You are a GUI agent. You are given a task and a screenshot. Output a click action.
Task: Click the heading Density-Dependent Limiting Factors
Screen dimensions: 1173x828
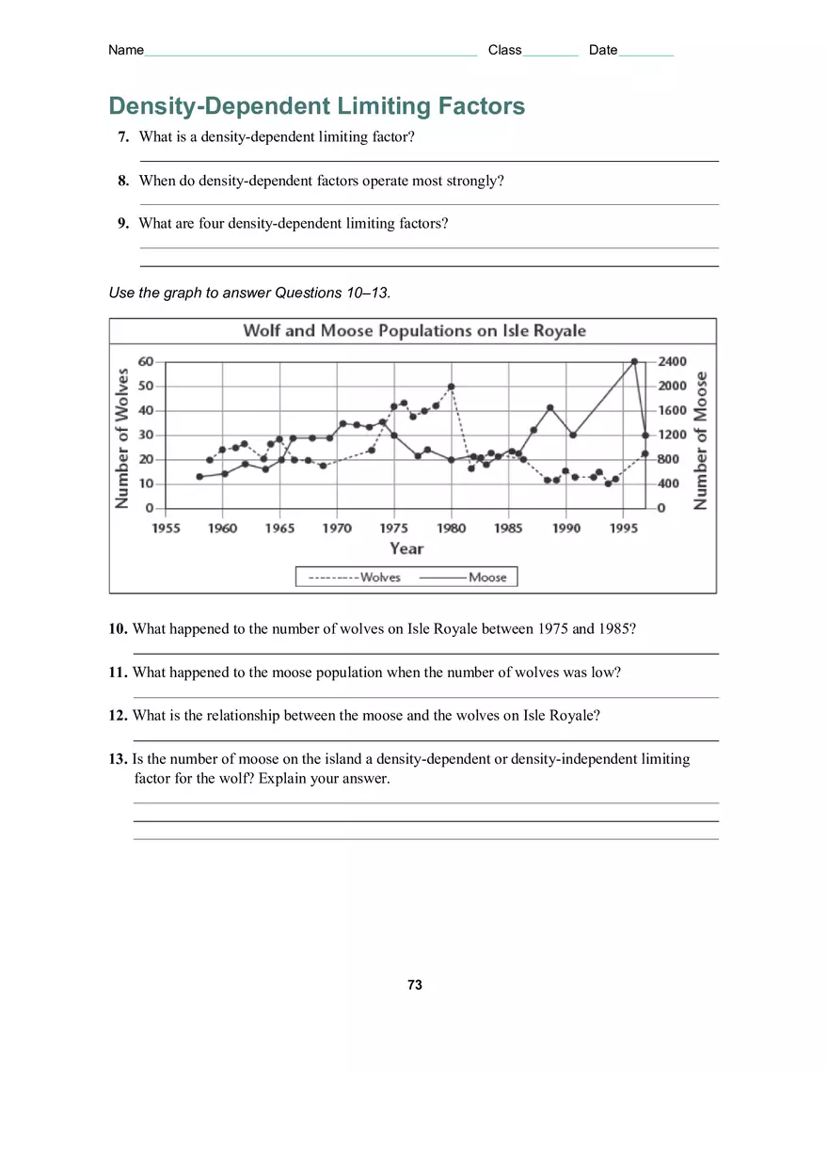click(x=317, y=106)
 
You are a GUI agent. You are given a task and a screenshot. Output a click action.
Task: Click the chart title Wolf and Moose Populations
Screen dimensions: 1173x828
click(x=414, y=331)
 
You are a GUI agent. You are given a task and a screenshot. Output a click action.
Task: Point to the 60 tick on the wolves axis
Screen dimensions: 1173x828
click(x=146, y=361)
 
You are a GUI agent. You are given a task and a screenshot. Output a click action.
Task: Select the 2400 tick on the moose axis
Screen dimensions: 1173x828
click(x=672, y=361)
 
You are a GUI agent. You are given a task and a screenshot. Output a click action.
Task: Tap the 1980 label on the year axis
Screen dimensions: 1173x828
click(x=452, y=528)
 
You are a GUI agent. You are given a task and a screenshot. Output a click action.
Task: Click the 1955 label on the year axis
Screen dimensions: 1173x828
click(x=166, y=528)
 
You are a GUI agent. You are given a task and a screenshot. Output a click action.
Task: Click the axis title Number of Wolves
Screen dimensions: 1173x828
click(x=121, y=439)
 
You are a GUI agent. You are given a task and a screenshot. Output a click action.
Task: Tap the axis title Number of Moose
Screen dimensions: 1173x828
click(x=700, y=439)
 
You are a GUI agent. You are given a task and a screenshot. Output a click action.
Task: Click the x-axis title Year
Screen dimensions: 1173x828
click(x=406, y=548)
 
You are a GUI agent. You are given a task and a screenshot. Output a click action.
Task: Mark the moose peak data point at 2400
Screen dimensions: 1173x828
click(x=634, y=361)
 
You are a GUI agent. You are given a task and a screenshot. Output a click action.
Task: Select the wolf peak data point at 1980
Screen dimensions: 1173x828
click(x=452, y=387)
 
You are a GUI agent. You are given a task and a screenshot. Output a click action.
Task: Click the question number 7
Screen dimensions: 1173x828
click(x=123, y=137)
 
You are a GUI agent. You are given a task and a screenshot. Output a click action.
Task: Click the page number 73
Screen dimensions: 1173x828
click(x=414, y=985)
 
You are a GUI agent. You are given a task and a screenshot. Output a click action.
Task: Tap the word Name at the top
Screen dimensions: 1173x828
click(x=126, y=50)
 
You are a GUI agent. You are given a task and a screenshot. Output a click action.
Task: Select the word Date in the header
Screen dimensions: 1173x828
click(x=603, y=50)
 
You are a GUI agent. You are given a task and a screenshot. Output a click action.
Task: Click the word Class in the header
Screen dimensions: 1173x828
click(x=504, y=50)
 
